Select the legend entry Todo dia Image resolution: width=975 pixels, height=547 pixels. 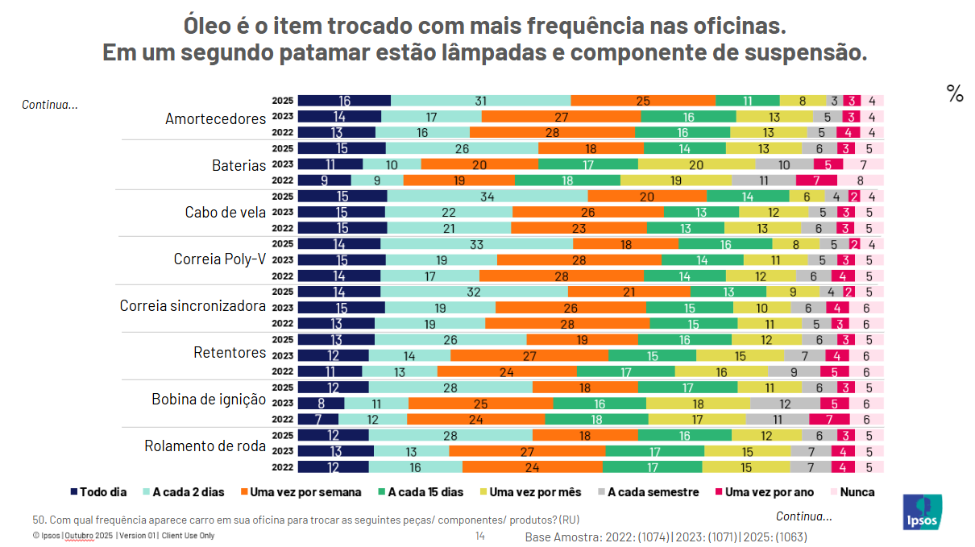[x=98, y=491]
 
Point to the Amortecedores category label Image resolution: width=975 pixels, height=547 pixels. [x=215, y=118]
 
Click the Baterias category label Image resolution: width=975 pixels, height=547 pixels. [x=239, y=165]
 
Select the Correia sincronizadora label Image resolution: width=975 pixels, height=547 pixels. [x=193, y=306]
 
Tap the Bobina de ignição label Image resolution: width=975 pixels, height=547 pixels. [x=209, y=399]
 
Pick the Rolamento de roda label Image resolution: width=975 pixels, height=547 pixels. [x=205, y=445]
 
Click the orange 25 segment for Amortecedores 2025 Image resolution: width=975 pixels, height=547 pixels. [x=643, y=101]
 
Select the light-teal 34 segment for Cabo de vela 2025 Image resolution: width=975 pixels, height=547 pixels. [x=487, y=196]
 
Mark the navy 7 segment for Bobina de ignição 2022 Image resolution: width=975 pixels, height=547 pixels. [x=317, y=419]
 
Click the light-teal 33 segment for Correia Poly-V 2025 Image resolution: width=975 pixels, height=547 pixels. [x=476, y=243]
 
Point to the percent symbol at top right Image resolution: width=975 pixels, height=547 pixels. [x=955, y=94]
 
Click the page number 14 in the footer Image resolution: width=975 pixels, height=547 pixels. [x=479, y=536]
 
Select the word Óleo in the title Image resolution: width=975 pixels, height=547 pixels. [x=210, y=26]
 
